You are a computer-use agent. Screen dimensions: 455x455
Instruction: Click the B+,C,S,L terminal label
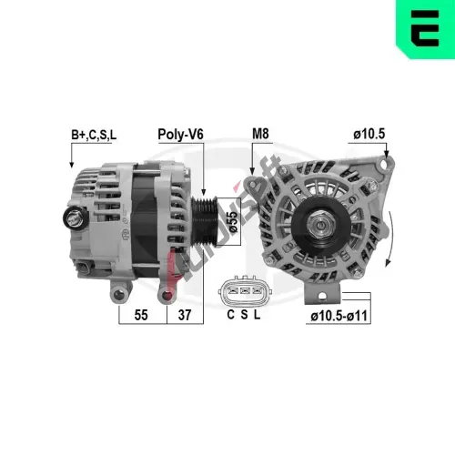pos(94,135)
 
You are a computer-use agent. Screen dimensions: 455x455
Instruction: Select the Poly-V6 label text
pos(180,135)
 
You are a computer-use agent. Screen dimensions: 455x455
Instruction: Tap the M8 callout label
pos(260,134)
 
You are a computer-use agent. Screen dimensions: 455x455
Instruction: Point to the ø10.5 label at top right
pos(369,134)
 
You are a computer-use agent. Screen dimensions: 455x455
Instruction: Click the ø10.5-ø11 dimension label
pos(339,316)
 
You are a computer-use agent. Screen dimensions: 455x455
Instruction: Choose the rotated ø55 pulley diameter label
pos(233,221)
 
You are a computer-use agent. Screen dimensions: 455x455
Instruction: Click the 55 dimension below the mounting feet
pos(141,315)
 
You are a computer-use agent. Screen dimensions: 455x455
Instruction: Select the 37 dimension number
pos(185,315)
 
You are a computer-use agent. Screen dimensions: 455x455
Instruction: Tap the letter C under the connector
pos(231,315)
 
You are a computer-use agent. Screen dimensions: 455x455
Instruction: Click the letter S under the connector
pos(244,315)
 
